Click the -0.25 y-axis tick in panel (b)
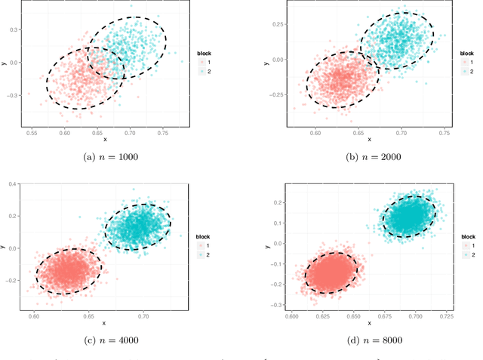(276, 94)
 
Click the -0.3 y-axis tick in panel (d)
(278, 304)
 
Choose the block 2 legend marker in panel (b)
(463, 72)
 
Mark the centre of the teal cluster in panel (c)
(137, 226)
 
